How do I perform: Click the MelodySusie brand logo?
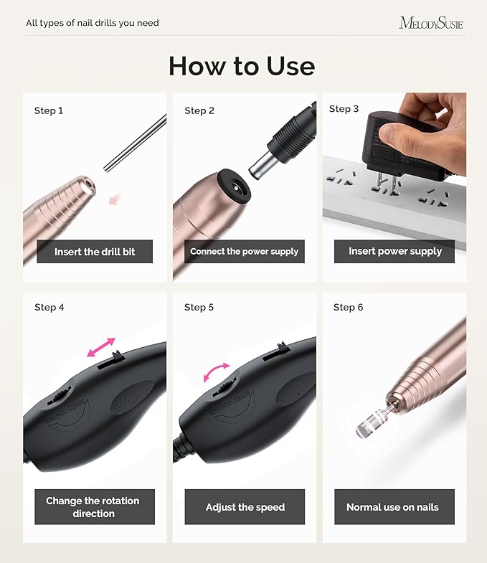(430, 23)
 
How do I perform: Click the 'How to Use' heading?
(242, 66)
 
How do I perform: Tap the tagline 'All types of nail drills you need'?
(93, 23)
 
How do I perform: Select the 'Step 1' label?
(49, 110)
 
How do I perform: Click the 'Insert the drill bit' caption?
(95, 252)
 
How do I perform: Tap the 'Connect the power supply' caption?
(244, 252)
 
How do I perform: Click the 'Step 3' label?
(344, 109)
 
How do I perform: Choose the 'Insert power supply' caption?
(395, 251)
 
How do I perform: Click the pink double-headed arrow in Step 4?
(100, 346)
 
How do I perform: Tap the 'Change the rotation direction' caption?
(93, 506)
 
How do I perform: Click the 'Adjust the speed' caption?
(245, 507)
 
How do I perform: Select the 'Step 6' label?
(349, 307)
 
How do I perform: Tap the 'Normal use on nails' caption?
(392, 507)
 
